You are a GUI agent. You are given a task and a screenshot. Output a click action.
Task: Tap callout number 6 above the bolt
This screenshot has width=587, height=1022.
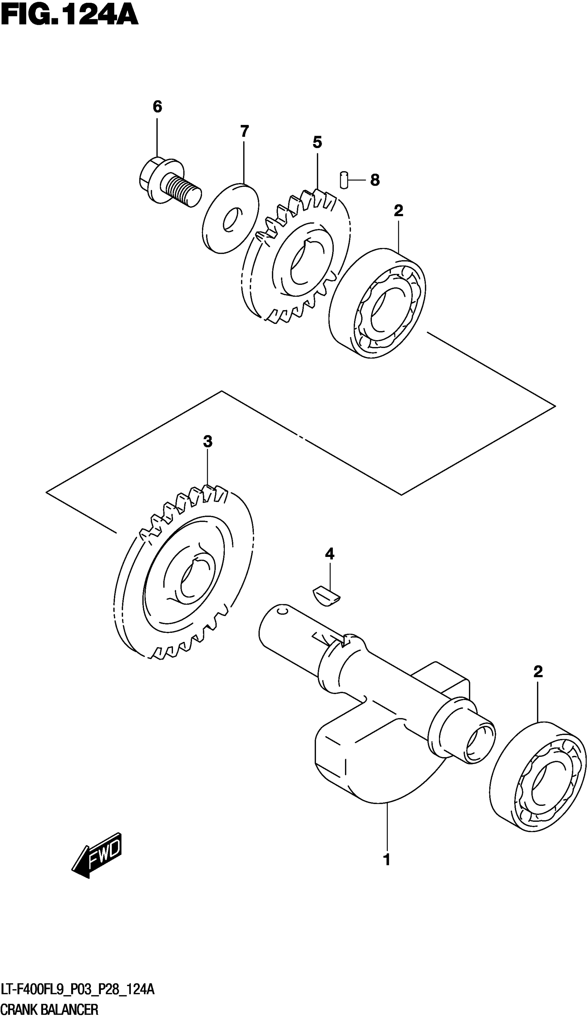(x=157, y=107)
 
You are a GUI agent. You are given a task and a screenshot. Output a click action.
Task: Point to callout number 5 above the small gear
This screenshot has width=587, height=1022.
(x=317, y=142)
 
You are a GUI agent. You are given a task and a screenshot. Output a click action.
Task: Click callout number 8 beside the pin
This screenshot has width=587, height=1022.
(x=375, y=180)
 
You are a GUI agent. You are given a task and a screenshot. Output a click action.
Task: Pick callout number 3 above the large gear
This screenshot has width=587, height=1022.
(x=207, y=442)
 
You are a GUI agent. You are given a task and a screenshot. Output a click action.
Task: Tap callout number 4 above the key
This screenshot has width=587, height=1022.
(x=329, y=554)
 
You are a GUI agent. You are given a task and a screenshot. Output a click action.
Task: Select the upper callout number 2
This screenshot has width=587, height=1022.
(x=398, y=210)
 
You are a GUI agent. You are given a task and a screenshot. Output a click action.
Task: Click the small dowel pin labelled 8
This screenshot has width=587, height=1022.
(x=344, y=180)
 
